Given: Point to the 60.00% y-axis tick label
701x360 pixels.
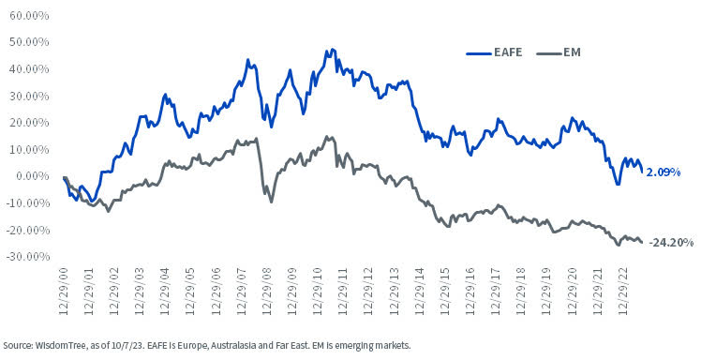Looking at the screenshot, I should click(28, 16).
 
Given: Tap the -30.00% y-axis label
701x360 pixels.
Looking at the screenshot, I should click(26, 256).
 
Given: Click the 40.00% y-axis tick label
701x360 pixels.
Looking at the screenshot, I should click(28, 69).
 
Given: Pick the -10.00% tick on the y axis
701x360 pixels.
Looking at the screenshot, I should click(26, 202).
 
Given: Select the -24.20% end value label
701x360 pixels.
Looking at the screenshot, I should click(670, 242).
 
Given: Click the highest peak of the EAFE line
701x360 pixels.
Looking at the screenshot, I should click(332, 49).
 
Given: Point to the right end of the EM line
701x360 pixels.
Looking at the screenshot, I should click(642, 242).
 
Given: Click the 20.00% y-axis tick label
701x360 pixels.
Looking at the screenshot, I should click(28, 123).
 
